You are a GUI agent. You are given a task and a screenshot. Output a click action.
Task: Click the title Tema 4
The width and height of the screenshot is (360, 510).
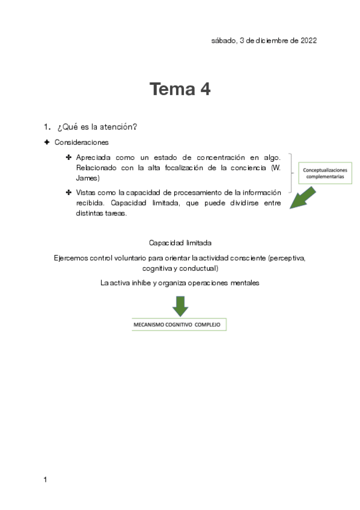tap(180, 90)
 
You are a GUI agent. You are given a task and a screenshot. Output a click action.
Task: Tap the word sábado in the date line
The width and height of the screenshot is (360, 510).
tap(223, 41)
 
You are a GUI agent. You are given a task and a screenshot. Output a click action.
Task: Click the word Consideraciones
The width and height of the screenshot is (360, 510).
tap(81, 143)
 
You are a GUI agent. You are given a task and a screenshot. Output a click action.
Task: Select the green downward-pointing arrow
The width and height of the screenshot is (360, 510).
tap(180, 306)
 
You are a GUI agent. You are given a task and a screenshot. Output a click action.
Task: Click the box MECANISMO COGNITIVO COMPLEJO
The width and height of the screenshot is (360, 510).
tap(179, 325)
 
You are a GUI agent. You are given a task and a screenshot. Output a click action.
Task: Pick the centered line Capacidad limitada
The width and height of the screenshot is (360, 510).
tap(180, 243)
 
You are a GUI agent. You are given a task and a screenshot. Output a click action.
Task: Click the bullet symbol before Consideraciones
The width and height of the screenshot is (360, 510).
tap(46, 143)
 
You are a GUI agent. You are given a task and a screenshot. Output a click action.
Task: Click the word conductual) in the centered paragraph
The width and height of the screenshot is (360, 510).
tap(198, 268)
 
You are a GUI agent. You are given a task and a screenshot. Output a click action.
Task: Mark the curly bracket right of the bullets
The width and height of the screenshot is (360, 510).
tap(292, 172)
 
